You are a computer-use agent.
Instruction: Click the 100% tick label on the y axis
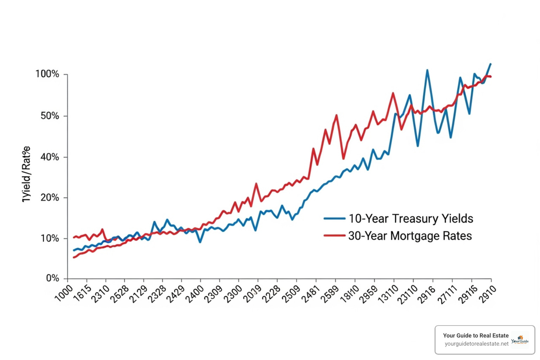[47, 74]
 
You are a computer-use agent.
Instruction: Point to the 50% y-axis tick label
[50, 116]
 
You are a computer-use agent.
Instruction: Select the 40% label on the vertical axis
[50, 157]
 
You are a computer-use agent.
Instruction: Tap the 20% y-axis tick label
[50, 198]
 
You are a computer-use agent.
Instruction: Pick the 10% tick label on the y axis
[50, 238]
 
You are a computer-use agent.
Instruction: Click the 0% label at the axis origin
[53, 278]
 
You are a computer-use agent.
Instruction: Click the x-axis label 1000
[64, 293]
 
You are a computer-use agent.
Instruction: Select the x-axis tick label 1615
[82, 293]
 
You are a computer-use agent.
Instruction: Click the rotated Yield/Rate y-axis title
[26, 174]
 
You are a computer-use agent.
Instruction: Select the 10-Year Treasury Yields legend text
[411, 219]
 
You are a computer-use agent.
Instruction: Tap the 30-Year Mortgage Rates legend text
[410, 236]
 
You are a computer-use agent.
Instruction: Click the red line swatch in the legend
[334, 236]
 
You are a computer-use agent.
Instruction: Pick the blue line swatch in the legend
[334, 219]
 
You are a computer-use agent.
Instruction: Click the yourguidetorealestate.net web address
[476, 344]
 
